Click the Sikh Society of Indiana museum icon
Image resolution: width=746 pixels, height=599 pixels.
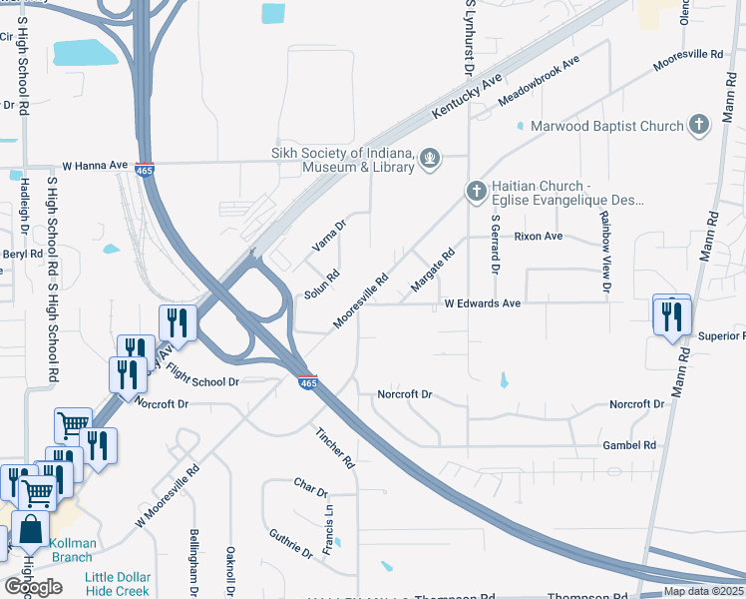tap(431, 158)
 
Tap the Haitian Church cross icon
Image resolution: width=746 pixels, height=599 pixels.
tap(477, 191)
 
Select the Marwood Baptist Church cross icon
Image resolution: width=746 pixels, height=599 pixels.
tap(699, 126)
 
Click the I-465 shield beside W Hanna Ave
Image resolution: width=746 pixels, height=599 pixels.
tap(146, 170)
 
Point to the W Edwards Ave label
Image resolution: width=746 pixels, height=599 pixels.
tap(483, 302)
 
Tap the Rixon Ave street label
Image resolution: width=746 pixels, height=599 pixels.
tap(539, 237)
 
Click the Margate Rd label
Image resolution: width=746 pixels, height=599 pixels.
tap(433, 272)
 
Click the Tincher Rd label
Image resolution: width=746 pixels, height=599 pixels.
tap(334, 449)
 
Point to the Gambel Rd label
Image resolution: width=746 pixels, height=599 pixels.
tap(629, 445)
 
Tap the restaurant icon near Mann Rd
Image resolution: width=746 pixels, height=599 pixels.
tap(671, 316)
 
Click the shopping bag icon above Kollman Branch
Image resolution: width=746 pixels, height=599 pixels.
tap(30, 529)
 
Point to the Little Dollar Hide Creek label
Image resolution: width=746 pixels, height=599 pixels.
tap(118, 585)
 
